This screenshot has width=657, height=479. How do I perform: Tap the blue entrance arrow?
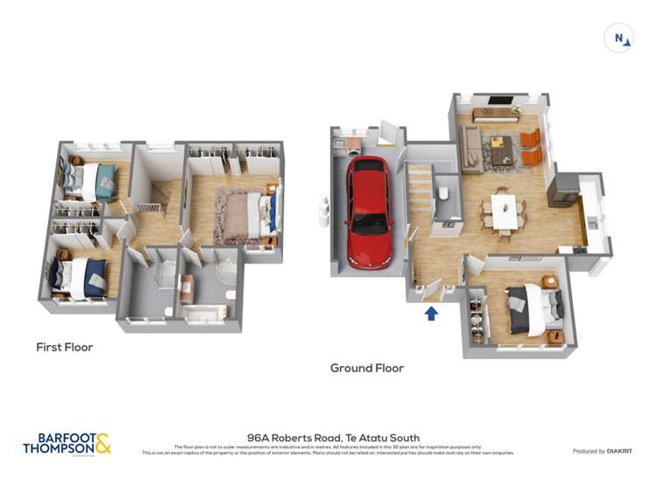tap(431, 313)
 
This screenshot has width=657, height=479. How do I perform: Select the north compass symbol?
tap(618, 38)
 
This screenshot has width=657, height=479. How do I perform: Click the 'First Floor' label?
tap(64, 347)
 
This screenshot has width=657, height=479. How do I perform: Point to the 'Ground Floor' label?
tap(367, 369)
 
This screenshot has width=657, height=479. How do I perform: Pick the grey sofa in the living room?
tap(471, 148)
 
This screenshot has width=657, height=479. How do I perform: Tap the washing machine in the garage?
tap(353, 144)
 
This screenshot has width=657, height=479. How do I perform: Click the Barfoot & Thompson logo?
tap(67, 444)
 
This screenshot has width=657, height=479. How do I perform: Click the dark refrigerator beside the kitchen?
tap(562, 189)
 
